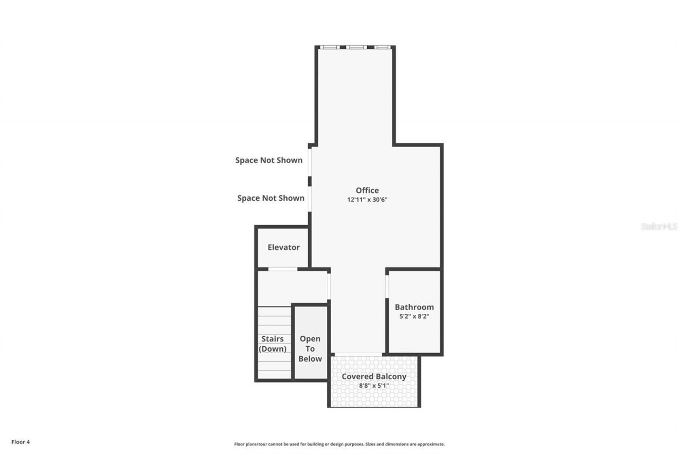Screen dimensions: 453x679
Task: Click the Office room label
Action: pyautogui.click(x=367, y=190)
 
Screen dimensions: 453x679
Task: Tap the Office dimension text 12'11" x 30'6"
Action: pyautogui.click(x=371, y=200)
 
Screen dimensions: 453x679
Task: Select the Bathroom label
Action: pyautogui.click(x=414, y=307)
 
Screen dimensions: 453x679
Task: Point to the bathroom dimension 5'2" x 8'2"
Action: pyautogui.click(x=414, y=317)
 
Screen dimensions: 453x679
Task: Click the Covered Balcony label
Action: pyautogui.click(x=373, y=377)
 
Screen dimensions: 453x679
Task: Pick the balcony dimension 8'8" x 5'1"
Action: pyautogui.click(x=373, y=386)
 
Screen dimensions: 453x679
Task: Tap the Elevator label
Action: pyautogui.click(x=283, y=247)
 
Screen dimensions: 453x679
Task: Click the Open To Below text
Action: pyautogui.click(x=310, y=348)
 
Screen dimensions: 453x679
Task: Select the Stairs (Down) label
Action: pyautogui.click(x=272, y=344)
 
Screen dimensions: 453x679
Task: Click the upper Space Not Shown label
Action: pyautogui.click(x=269, y=160)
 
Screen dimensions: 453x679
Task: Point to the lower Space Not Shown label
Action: pyautogui.click(x=271, y=198)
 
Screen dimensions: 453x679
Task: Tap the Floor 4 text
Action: pyautogui.click(x=21, y=441)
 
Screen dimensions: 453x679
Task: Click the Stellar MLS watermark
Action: pyautogui.click(x=659, y=226)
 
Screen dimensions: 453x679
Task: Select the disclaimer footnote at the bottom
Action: pyautogui.click(x=339, y=444)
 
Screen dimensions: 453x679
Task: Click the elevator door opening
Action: pyautogui.click(x=283, y=269)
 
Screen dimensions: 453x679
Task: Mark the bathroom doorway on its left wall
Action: pyautogui.click(x=387, y=286)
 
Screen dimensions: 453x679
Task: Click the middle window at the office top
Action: pyautogui.click(x=356, y=47)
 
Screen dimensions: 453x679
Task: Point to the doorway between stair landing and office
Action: pyautogui.click(x=329, y=286)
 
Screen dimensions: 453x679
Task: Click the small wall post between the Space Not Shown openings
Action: pyautogui.click(x=310, y=181)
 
